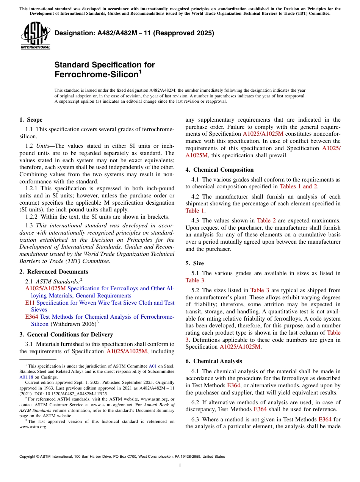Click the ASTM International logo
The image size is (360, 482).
(35, 36)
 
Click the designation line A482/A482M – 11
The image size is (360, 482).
(134, 33)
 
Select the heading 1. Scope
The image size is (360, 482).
(31, 120)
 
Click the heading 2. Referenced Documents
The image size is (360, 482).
(53, 272)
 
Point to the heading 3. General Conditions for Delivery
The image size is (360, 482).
(66, 335)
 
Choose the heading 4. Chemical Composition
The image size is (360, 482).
(219, 170)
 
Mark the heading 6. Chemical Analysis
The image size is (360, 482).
(213, 361)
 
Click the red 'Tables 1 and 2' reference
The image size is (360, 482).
(298, 186)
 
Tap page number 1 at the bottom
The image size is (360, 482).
(180, 466)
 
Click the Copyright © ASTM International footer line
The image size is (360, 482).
(122, 457)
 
